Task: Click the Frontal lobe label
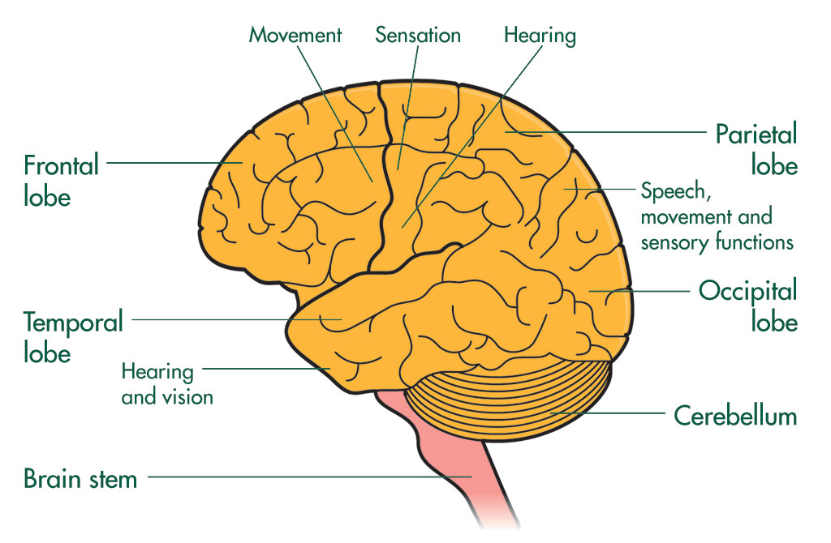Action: point(61,180)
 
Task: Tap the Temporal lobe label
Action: point(73,336)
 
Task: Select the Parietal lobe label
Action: point(756,149)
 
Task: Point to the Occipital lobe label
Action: point(748,305)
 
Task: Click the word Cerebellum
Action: point(735,417)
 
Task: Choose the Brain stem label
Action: point(80,478)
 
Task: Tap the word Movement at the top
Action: point(295,36)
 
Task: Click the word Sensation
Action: point(418,36)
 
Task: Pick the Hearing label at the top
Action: point(540,36)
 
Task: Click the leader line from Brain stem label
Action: point(308,477)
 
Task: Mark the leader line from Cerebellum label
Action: point(617,413)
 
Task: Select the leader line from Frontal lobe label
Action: point(170,162)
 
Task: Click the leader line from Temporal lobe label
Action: point(235,319)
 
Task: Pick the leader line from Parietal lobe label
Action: point(617,132)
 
